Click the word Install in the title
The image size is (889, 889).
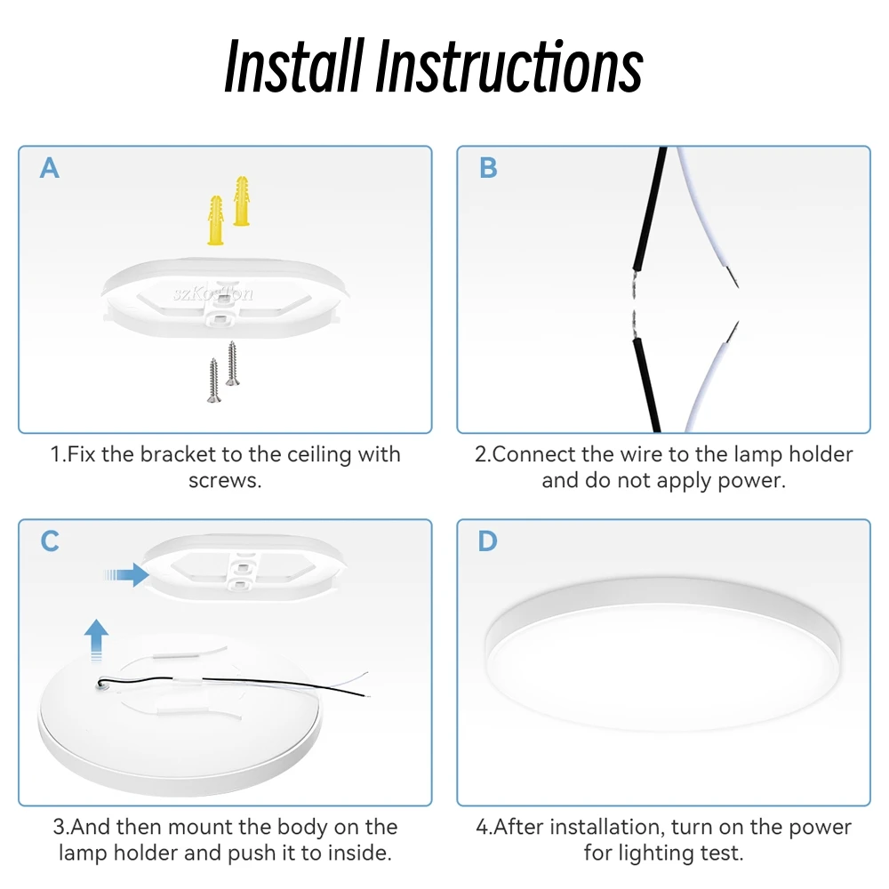coord(293,66)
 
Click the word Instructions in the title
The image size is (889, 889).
coord(509,67)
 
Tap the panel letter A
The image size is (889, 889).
coord(49,168)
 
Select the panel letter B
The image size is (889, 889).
coord(487,168)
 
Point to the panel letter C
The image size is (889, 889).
coord(50,541)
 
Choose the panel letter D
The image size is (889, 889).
coord(487,541)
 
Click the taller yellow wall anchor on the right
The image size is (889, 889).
coord(242,201)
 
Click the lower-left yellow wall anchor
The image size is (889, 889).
coord(216,220)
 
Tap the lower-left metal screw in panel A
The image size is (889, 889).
coord(213,380)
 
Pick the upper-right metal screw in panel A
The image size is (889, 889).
coord(232,364)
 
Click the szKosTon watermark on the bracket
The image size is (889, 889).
coord(213,293)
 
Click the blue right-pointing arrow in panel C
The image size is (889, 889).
coord(126,575)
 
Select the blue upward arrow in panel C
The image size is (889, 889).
coord(96,641)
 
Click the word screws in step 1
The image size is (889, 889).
coord(225,481)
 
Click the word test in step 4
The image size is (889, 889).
coord(719,853)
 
